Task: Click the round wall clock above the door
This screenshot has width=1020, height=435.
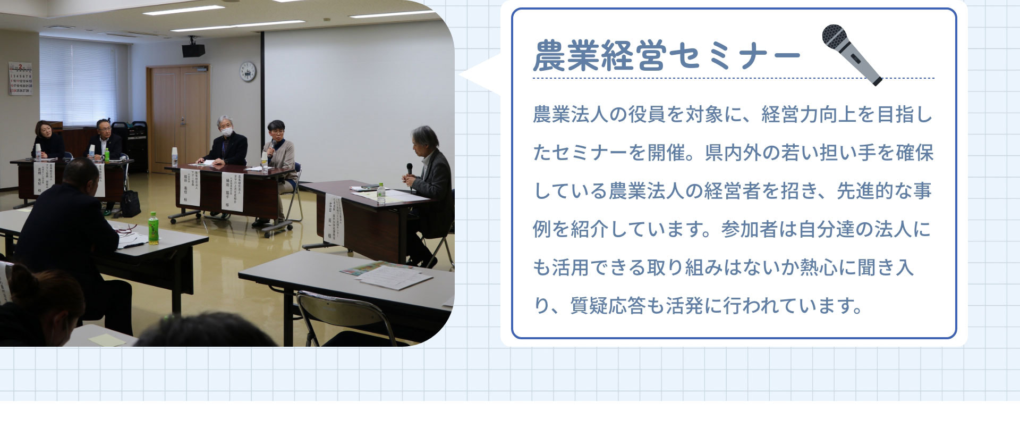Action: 248,71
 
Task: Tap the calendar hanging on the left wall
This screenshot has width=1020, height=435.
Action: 20,79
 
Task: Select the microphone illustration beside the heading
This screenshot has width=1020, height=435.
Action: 851,54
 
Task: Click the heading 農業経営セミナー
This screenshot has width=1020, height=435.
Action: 666,55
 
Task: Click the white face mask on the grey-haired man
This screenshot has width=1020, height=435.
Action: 227,131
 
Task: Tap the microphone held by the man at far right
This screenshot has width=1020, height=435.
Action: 409,170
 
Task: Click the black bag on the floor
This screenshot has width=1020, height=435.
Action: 130,204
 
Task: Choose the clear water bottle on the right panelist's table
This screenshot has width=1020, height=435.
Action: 380,193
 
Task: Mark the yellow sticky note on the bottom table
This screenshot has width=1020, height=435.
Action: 107,339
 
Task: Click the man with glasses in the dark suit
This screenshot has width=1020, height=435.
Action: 104,139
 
